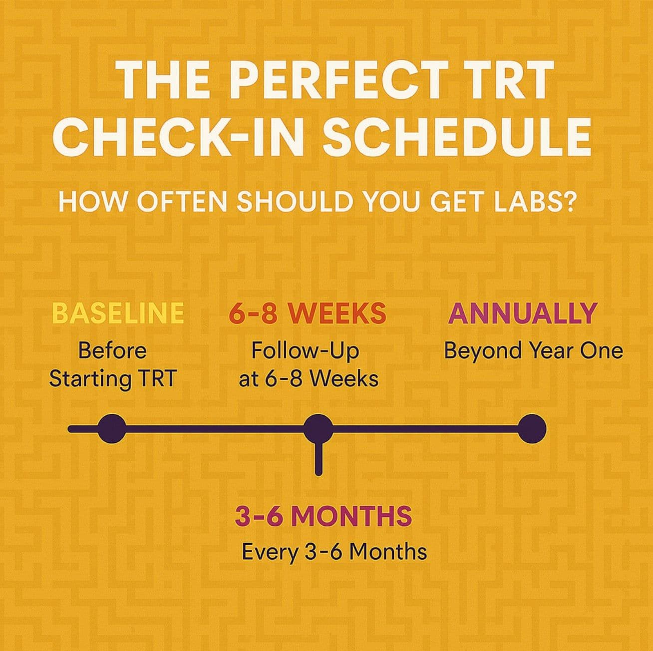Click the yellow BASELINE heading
click(x=118, y=313)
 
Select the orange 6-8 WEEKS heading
click(x=308, y=313)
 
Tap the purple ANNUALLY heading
click(x=523, y=313)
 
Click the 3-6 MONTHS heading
click(x=323, y=516)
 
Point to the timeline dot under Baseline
click(x=112, y=428)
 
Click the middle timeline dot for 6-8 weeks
click(x=319, y=428)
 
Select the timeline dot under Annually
click(x=532, y=428)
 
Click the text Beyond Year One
click(x=533, y=350)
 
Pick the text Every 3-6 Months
click(x=334, y=552)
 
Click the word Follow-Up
click(x=305, y=350)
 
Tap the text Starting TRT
click(x=113, y=378)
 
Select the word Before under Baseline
click(x=112, y=350)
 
